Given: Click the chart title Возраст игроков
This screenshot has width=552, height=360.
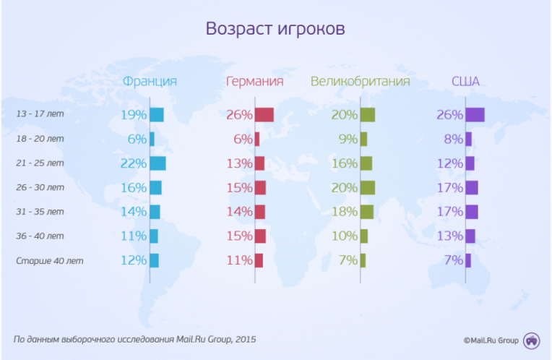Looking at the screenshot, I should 275,29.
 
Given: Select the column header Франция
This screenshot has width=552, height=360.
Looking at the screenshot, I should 150,81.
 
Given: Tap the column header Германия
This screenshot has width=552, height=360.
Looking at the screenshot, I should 254,81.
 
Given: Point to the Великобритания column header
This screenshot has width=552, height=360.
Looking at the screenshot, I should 360,81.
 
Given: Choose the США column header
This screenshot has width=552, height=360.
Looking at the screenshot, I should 465,81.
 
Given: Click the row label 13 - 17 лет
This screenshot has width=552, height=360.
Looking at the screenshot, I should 40,114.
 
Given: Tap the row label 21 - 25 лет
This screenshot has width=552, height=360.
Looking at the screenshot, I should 40,163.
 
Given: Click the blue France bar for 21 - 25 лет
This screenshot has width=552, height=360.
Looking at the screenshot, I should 158,163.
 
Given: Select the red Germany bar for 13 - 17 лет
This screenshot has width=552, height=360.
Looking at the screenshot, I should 264,114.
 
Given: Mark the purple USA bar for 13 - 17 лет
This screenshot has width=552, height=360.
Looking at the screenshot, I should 475,114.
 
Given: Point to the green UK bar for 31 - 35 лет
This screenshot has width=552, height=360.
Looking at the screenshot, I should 366,212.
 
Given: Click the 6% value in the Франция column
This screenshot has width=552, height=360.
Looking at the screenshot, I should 137,139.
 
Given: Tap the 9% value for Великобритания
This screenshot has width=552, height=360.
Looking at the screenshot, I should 348,139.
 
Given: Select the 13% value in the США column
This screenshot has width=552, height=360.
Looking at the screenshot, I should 449,236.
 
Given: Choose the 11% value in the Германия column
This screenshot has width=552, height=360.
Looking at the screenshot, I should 239,260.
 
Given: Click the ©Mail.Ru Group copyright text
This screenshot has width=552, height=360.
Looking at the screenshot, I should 491,338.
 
